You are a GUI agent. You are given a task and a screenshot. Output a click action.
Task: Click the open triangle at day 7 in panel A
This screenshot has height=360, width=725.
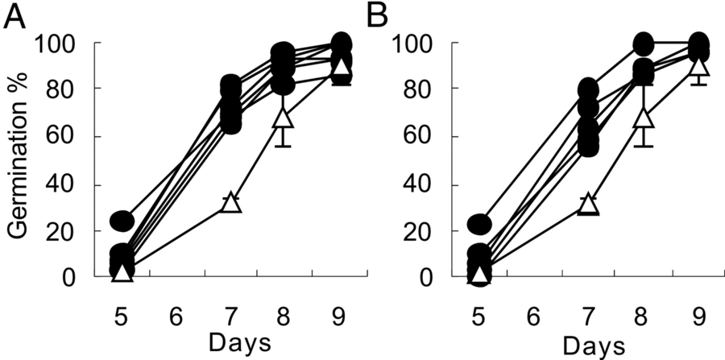click(231, 202)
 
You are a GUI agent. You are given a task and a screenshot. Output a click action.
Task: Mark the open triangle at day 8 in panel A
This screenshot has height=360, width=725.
click(284, 118)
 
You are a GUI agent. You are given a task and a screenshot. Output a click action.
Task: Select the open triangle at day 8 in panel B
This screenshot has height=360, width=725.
click(643, 118)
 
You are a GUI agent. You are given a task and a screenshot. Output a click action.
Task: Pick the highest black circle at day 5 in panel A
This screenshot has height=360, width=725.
click(122, 220)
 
